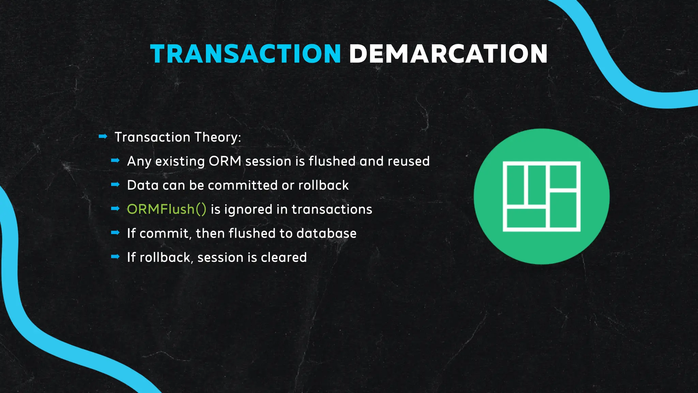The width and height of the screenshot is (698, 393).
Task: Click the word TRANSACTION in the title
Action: point(245,54)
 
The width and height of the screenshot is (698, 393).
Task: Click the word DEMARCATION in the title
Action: point(448,54)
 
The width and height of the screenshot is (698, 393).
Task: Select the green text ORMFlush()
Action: point(166,209)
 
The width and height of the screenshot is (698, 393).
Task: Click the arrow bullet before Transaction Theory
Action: point(103,137)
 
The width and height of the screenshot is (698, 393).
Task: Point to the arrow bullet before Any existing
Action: point(115,160)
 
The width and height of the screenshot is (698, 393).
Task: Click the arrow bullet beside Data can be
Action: point(115,185)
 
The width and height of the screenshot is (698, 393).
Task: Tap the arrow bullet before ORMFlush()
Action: point(115,208)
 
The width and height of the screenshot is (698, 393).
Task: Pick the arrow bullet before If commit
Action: point(115,233)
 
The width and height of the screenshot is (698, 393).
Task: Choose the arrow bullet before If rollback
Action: point(115,257)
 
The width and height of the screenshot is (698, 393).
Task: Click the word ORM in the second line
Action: point(225,161)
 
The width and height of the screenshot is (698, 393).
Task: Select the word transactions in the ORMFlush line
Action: point(332,209)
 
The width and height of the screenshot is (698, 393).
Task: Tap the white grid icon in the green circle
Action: point(542,196)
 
